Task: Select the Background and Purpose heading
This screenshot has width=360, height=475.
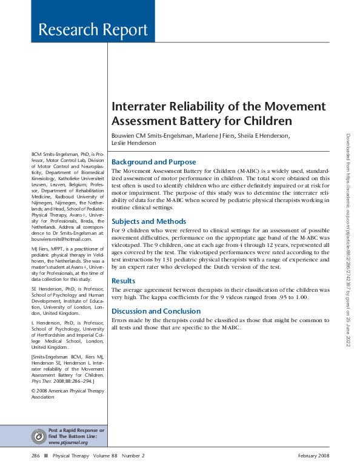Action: tap(154, 162)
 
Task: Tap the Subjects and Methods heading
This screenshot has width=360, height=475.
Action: tap(149, 221)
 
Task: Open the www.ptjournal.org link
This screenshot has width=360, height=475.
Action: tap(68, 442)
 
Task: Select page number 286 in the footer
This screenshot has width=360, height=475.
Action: tap(36, 456)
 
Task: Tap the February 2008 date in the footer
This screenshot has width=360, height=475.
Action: tap(313, 456)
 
